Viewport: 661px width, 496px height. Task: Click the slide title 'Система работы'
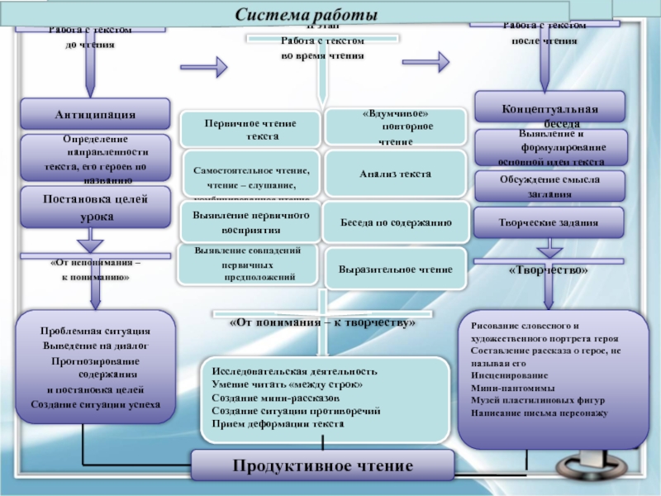(306, 16)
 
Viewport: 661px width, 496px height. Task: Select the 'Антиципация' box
(95, 113)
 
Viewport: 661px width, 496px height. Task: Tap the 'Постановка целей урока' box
(95, 207)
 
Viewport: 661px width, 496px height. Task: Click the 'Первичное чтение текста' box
(250, 129)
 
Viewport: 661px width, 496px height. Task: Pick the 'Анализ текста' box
(396, 174)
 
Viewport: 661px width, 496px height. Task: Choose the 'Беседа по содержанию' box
(396, 222)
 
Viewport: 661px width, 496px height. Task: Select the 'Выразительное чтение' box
(396, 269)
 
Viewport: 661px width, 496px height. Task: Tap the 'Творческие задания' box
(549, 222)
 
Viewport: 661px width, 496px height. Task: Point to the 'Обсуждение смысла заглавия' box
(549, 185)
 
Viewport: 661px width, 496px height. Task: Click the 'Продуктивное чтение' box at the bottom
(322, 465)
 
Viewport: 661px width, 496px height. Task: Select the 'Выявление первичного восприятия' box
(250, 222)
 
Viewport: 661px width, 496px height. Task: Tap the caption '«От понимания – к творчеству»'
(322, 322)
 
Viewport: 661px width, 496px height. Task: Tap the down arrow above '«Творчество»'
(548, 250)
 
